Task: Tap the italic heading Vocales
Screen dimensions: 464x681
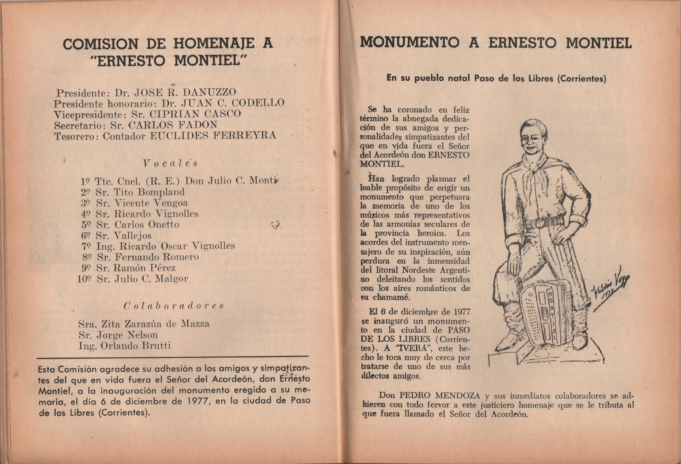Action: (x=170, y=163)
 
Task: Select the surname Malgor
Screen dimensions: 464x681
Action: (x=171, y=279)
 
